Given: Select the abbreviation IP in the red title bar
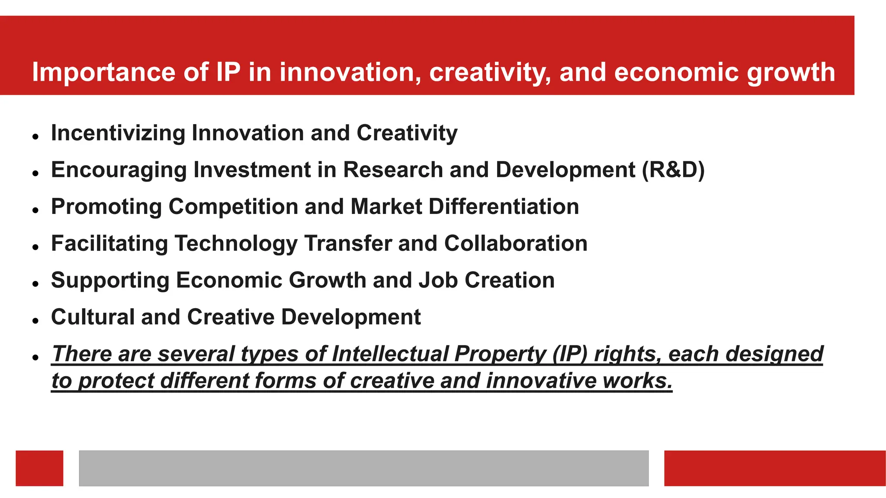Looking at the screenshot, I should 228,72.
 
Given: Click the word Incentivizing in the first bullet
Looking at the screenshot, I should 118,133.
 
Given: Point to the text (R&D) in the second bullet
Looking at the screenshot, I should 673,170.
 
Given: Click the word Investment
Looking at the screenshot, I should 252,170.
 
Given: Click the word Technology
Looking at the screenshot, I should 236,243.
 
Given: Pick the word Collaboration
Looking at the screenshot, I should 516,243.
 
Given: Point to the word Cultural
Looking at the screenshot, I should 93,317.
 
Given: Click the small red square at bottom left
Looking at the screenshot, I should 39,468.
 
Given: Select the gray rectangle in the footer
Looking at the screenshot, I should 363,468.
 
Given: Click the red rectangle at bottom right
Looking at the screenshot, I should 774,468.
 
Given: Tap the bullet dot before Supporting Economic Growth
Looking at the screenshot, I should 35,284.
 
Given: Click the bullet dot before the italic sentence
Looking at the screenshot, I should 35,358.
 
